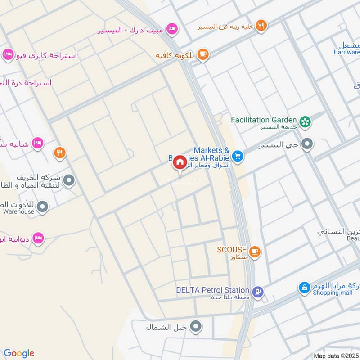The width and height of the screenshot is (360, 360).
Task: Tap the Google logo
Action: click(19, 353)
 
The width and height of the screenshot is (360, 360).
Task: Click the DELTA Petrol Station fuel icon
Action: click(257, 291)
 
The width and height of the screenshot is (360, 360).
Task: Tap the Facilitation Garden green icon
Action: click(306, 121)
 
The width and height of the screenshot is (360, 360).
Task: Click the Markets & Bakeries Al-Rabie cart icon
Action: click(238, 157)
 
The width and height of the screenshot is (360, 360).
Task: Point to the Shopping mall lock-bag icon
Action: click(304, 287)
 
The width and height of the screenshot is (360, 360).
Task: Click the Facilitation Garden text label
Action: click(264, 120)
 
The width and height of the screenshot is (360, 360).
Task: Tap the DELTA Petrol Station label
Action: click(213, 290)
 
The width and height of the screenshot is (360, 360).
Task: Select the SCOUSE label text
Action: click(232, 250)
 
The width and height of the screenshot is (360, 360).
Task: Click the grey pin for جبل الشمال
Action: click(196, 327)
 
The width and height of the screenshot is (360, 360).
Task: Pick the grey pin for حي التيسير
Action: click(308, 144)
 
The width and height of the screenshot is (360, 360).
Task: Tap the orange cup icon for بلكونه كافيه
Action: click(203, 54)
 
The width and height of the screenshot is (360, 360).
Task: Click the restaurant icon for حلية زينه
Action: click(261, 26)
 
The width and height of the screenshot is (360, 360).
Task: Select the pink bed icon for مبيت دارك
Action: click(171, 30)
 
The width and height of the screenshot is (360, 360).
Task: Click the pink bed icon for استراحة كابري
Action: click(8, 55)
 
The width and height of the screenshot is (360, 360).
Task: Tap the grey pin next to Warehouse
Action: click(43, 207)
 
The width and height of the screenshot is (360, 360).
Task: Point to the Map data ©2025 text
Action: click(335, 355)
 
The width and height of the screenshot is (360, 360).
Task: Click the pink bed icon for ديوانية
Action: click(39, 238)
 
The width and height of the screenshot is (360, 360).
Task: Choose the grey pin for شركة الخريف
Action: click(69, 181)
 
